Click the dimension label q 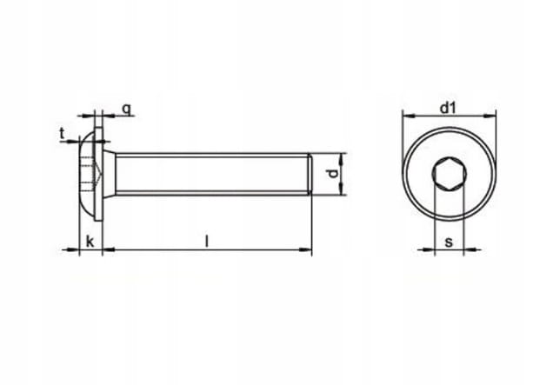click(127, 110)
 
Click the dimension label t click(62, 134)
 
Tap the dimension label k click(90, 242)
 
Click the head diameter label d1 click(449, 109)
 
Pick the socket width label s click(449, 242)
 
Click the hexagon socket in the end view click(450, 174)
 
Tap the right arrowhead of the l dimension click(305, 249)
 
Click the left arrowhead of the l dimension click(109, 249)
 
